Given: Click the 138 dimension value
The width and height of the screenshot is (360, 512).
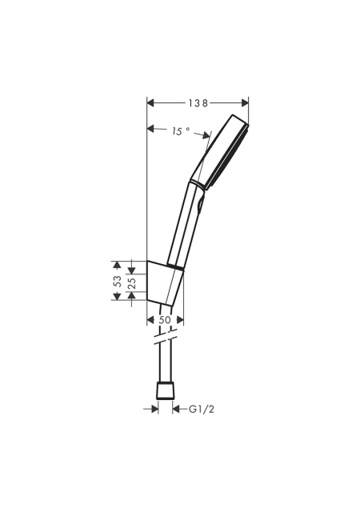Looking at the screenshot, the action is pyautogui.click(x=198, y=103).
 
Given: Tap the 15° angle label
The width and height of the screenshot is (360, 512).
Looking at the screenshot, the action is pyautogui.click(x=181, y=131).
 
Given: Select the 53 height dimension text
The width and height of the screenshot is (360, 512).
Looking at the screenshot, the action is pyautogui.click(x=118, y=281).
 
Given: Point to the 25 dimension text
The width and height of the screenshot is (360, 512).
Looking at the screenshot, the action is pyautogui.click(x=131, y=282).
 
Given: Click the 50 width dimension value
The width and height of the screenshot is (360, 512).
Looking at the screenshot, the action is pyautogui.click(x=165, y=320).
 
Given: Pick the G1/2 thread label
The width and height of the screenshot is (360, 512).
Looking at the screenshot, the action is pyautogui.click(x=202, y=409).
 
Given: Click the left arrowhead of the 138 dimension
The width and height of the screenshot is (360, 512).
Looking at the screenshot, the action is pyautogui.click(x=150, y=103).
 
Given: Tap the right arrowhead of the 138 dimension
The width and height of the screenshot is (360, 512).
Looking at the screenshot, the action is pyautogui.click(x=245, y=103).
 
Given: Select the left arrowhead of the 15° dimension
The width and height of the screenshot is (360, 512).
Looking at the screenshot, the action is pyautogui.click(x=150, y=128).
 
